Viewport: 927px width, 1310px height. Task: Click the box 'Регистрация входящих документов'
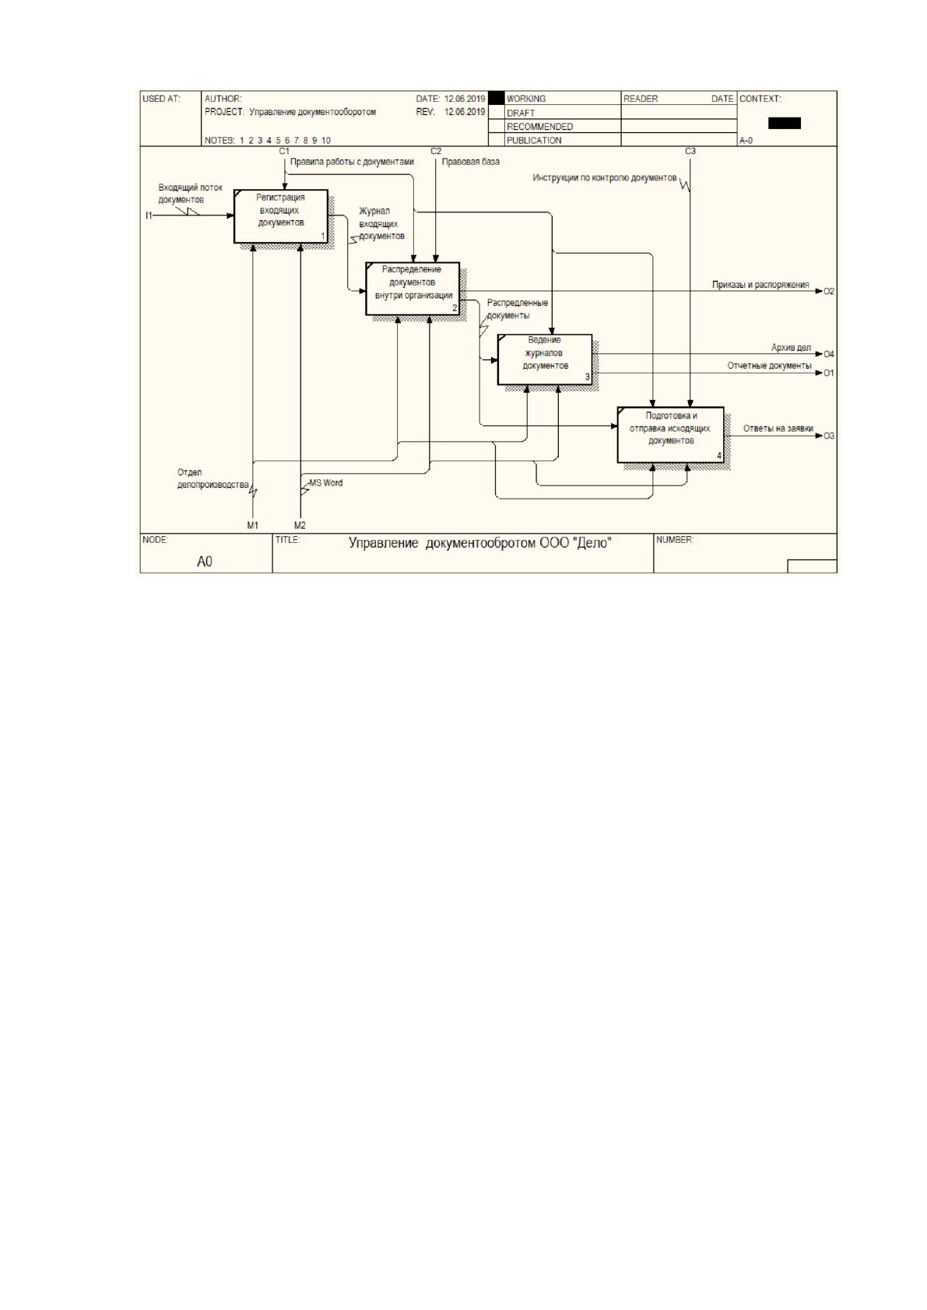[281, 215]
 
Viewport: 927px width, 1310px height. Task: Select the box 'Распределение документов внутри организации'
[413, 289]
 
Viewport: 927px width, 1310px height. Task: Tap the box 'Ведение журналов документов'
[545, 359]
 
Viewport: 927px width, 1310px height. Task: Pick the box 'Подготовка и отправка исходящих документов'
[671, 435]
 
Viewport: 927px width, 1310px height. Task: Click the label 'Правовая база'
[471, 162]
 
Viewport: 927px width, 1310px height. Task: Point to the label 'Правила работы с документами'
[352, 162]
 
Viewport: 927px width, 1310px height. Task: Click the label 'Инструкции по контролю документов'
[605, 178]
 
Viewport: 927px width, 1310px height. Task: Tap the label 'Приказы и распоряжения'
[760, 285]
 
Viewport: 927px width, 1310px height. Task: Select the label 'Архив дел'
[792, 348]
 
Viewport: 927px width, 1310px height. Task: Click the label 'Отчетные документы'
[770, 366]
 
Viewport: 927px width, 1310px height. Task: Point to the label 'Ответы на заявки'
[778, 429]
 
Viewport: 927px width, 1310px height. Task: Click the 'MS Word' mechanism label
[326, 483]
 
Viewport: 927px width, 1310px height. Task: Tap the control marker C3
[690, 152]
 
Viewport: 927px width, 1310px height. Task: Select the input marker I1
[149, 215]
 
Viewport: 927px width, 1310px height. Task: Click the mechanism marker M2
[300, 526]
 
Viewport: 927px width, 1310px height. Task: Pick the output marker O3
[829, 436]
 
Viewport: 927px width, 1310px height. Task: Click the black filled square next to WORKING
[497, 98]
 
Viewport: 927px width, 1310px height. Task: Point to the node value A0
[204, 562]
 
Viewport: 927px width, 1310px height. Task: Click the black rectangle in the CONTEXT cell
[785, 123]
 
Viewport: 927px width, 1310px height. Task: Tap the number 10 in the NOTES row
[326, 140]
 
